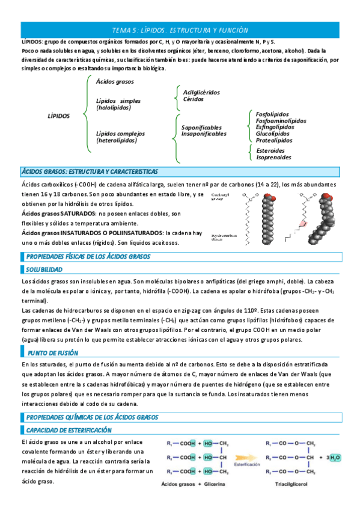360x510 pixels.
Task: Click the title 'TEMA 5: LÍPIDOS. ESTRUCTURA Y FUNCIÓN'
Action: (x=180, y=30)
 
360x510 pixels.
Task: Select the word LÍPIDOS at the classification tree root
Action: (x=58, y=115)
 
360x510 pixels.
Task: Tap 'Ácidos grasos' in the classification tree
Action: (x=115, y=81)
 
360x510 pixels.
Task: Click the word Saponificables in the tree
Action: (x=201, y=127)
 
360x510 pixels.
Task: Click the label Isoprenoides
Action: (x=273, y=157)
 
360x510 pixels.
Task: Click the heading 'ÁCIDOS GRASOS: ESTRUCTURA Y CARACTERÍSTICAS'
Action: (x=90, y=171)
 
